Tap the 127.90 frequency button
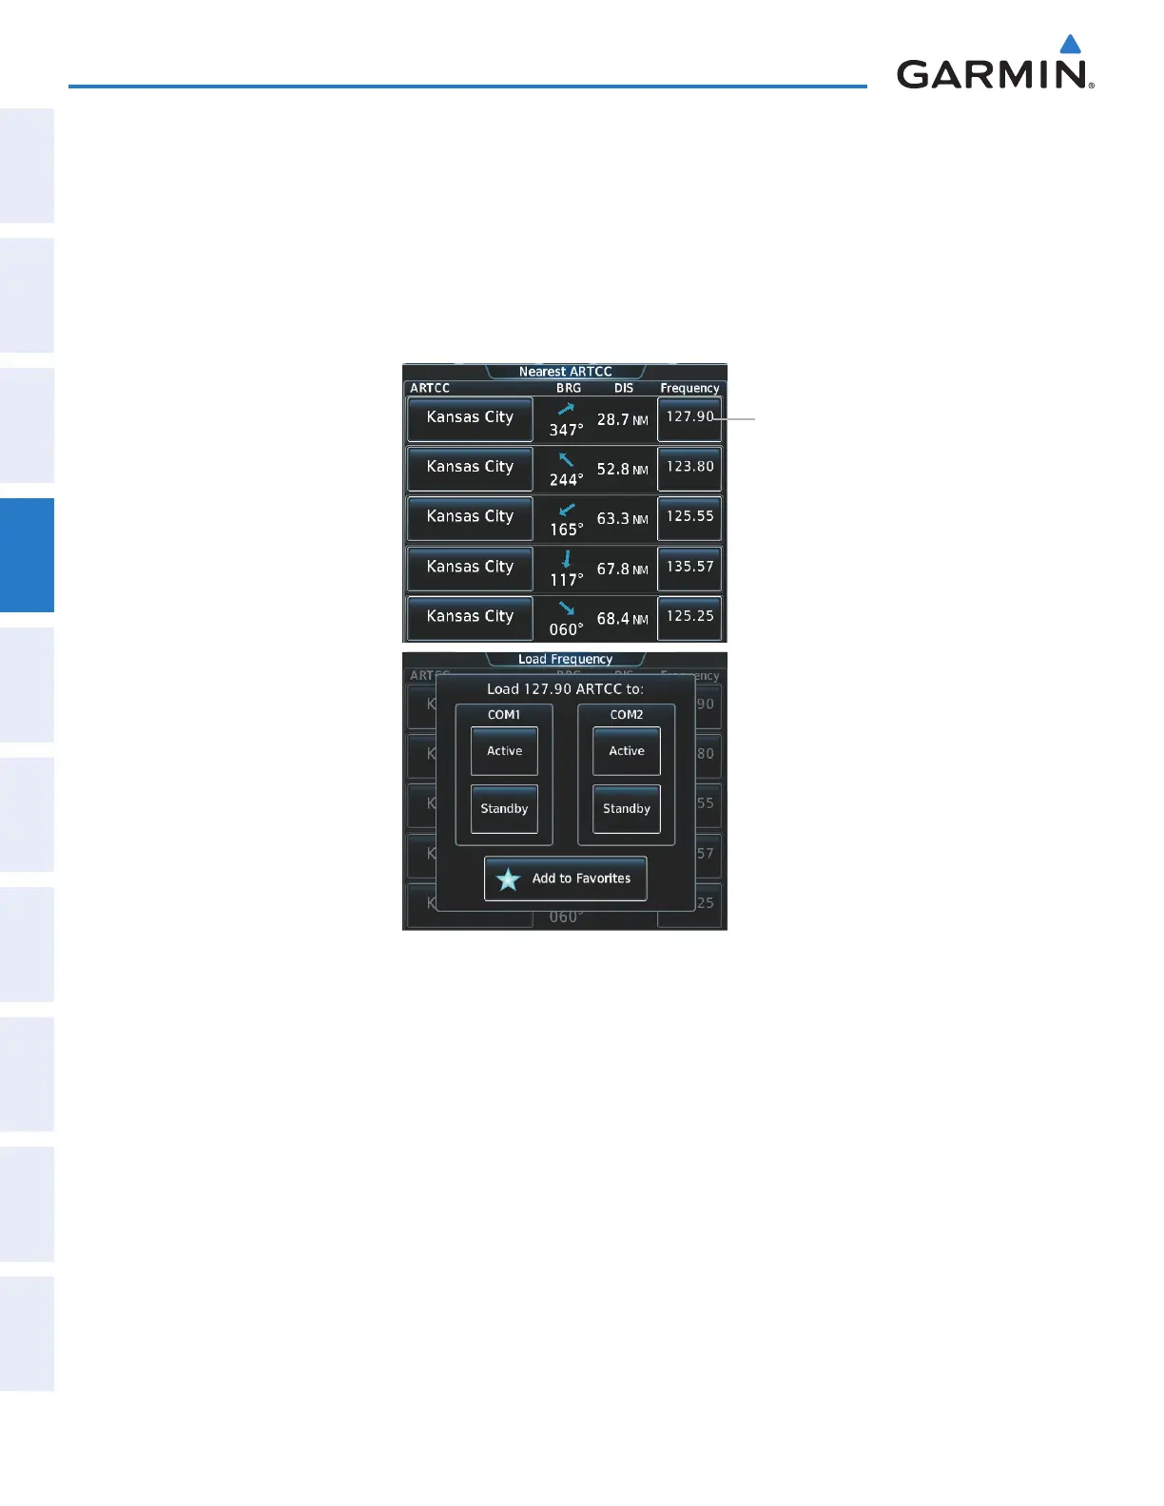(689, 418)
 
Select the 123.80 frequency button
(689, 468)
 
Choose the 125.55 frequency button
(689, 517)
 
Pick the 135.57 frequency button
(689, 568)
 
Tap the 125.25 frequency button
(689, 617)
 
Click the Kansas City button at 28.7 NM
(470, 418)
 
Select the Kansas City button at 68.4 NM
(470, 617)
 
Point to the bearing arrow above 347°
(567, 409)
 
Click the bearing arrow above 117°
(567, 558)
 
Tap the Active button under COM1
(504, 751)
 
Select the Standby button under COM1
(504, 809)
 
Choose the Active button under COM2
(627, 751)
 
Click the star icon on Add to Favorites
(509, 879)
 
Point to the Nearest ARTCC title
(565, 372)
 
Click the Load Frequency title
(565, 659)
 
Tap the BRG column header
(569, 388)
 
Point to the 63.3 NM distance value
(622, 519)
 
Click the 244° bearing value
(566, 480)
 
